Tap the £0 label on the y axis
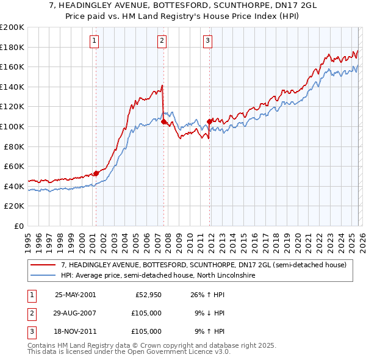[x=18, y=226]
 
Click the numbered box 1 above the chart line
[x=95, y=41]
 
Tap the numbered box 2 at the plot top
[x=162, y=41]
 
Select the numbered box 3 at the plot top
[x=207, y=41]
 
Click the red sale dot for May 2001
[x=96, y=173]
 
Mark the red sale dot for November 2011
[x=210, y=121]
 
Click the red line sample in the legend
[x=43, y=265]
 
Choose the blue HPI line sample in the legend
[x=43, y=276]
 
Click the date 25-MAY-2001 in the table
[x=75, y=295]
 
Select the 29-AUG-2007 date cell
[x=75, y=313]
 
